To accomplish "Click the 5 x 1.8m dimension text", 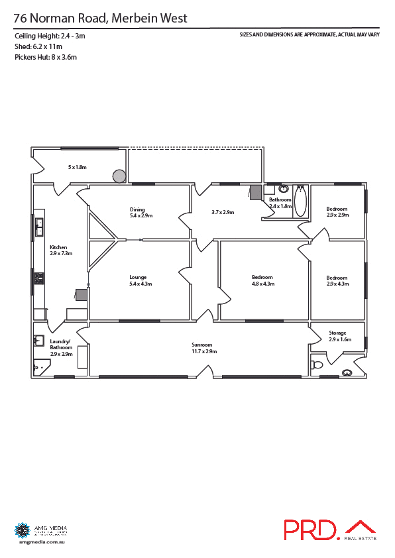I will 77,167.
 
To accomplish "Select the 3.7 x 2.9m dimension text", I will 223,212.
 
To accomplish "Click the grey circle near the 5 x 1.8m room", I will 119,176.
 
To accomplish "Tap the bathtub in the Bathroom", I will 300,201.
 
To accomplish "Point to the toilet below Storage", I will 317,364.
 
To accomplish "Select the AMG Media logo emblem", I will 23,530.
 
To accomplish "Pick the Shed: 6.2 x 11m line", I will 38,46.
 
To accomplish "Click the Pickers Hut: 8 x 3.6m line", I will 46,57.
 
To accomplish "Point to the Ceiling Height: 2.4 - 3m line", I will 50,36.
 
